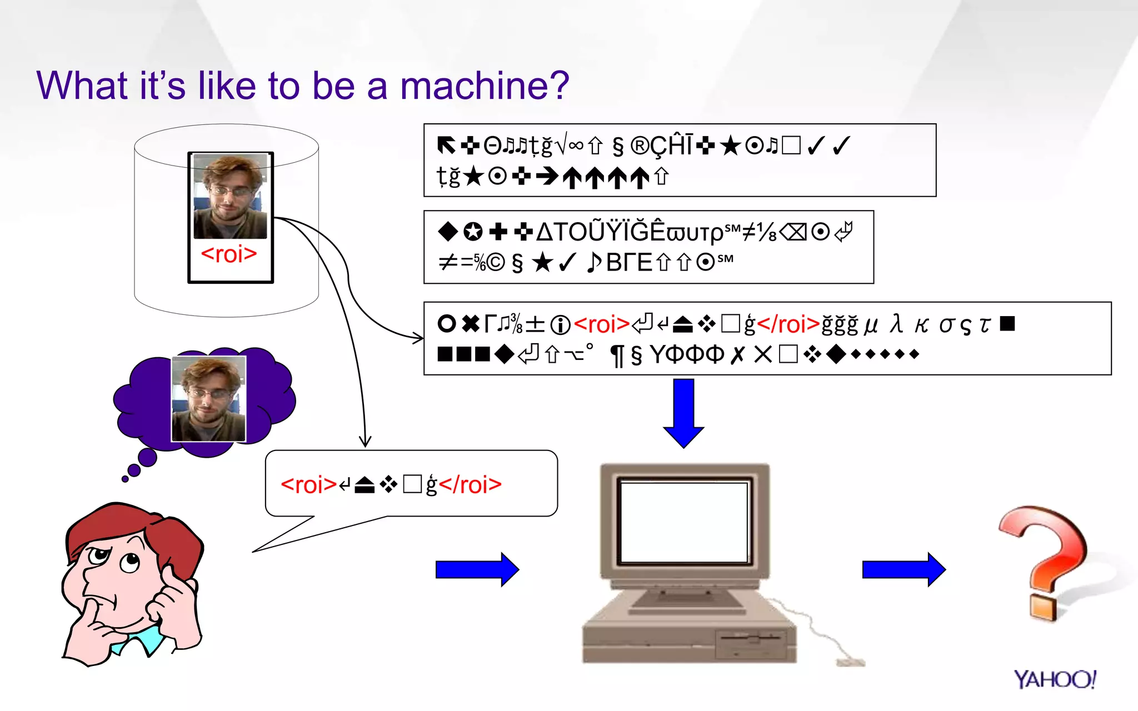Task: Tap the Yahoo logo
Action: click(x=1054, y=679)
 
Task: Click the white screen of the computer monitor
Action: click(x=684, y=522)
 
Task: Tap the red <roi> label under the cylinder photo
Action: click(x=229, y=254)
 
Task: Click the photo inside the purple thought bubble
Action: click(x=208, y=398)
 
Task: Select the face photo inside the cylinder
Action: click(x=230, y=196)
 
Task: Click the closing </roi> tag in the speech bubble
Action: click(x=470, y=485)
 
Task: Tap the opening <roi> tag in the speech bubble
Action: click(x=308, y=485)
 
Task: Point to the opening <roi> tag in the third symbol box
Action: click(x=601, y=324)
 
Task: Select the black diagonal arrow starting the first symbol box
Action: click(x=446, y=146)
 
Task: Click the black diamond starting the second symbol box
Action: click(x=447, y=232)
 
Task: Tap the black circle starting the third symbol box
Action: click(x=446, y=324)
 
